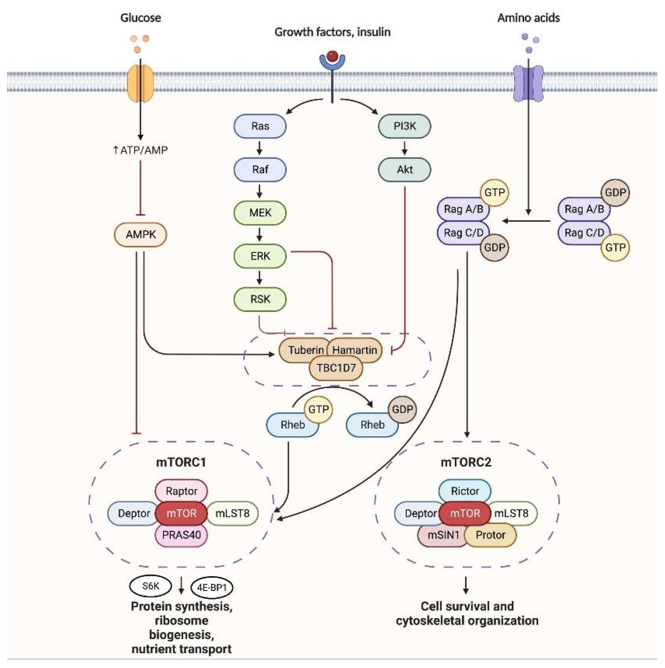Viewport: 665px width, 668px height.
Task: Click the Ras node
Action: [x=260, y=126]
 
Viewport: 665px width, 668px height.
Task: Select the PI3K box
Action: [x=404, y=126]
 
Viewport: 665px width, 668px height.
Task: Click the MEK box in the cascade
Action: [x=260, y=213]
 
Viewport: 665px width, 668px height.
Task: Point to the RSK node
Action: [x=260, y=299]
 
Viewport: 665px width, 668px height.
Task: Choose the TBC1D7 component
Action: [x=336, y=368]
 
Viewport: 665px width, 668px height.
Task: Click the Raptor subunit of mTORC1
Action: [x=181, y=491]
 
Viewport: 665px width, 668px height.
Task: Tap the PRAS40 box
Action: [x=181, y=535]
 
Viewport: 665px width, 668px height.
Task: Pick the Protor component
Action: [x=490, y=535]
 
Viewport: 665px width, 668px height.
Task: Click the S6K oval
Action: [x=151, y=586]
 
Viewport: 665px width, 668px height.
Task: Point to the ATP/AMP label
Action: [x=141, y=150]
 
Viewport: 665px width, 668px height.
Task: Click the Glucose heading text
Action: [x=141, y=18]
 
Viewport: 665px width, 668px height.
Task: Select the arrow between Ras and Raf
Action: [x=259, y=149]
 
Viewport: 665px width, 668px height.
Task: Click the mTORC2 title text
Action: [x=466, y=462]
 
